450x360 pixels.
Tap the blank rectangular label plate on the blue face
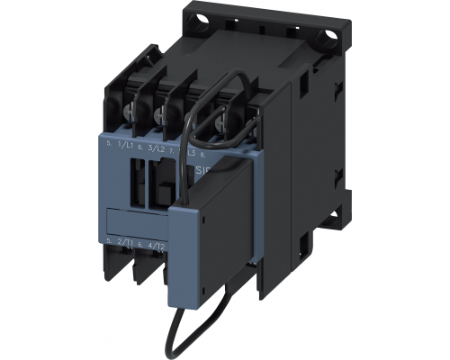click(x=135, y=220)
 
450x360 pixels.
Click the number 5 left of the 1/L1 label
click(x=107, y=144)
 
